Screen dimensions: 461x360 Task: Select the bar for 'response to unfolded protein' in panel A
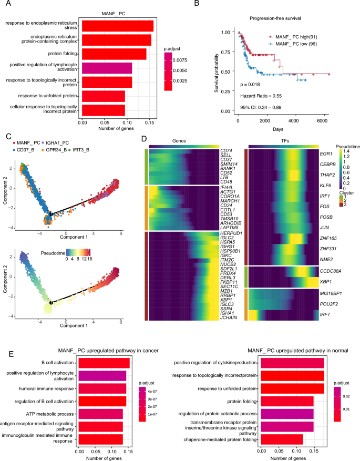click(104, 96)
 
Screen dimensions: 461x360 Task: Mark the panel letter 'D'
click(146, 138)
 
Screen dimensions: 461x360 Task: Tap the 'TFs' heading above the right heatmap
click(282, 140)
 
